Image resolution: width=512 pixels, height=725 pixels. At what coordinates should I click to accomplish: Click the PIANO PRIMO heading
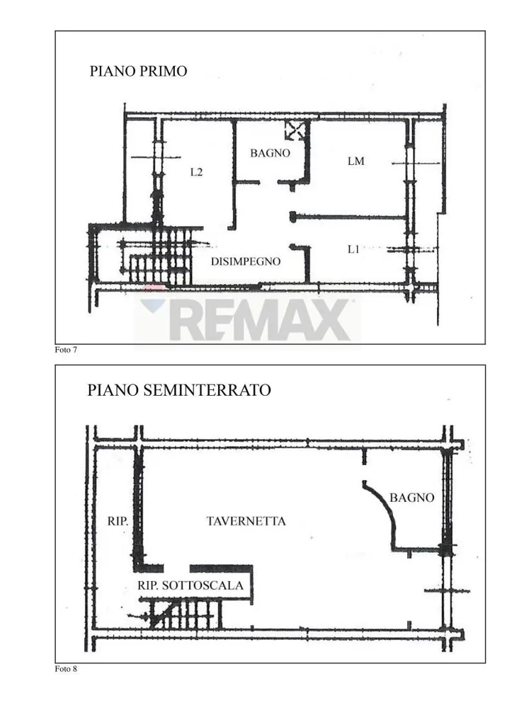[x=138, y=72]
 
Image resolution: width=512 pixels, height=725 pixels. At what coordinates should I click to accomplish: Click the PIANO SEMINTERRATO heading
[x=179, y=390]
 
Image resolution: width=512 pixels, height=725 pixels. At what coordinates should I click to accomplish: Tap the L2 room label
[x=197, y=172]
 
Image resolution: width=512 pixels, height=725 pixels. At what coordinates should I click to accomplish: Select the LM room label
[x=356, y=161]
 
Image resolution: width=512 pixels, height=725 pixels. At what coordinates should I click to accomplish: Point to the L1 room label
[x=353, y=249]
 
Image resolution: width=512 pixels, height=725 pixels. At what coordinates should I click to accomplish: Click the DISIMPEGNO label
[x=246, y=261]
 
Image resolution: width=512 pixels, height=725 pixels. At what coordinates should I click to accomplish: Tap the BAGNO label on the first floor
[x=270, y=153]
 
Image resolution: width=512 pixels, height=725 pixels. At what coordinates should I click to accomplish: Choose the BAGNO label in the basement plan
[x=411, y=498]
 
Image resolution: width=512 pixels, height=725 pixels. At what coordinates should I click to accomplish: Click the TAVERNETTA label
[x=246, y=521]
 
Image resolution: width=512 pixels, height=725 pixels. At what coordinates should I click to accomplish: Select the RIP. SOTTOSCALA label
[x=190, y=586]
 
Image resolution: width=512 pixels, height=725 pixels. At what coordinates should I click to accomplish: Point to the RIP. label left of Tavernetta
[x=118, y=521]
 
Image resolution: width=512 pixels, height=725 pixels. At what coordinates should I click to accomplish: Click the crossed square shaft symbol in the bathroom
[x=295, y=130]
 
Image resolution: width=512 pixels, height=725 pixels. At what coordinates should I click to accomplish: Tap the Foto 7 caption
[x=66, y=350]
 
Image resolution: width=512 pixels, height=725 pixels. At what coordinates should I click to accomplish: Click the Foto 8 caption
[x=66, y=669]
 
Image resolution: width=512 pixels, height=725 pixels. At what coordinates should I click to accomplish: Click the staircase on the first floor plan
[x=159, y=256]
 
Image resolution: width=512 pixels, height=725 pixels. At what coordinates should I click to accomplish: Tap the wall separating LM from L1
[x=349, y=217]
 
